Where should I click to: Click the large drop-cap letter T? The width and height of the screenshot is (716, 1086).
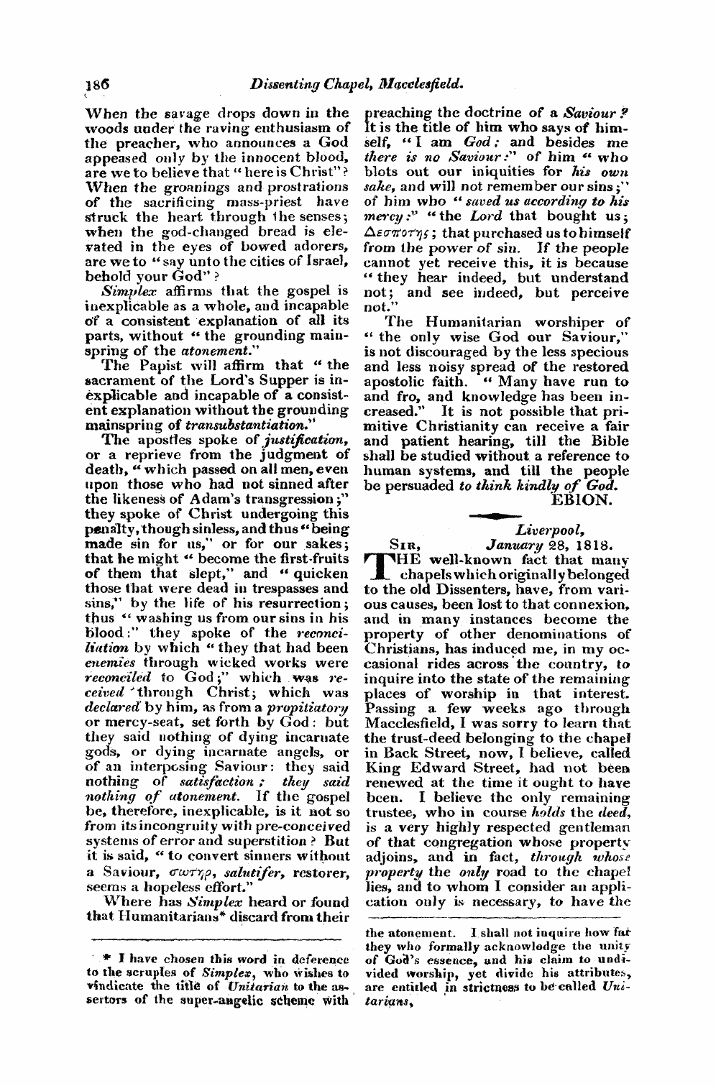tap(380, 566)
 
